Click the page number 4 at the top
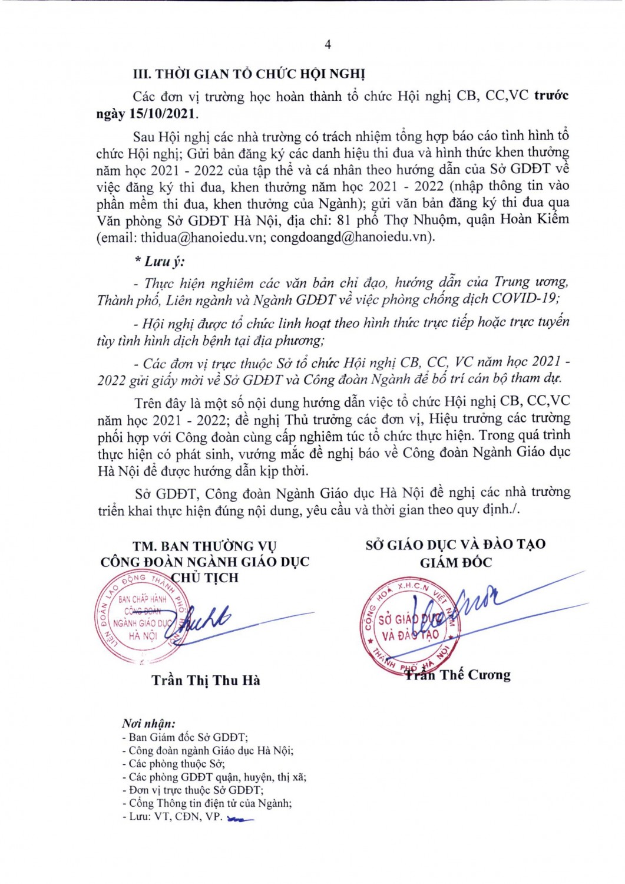click(x=328, y=45)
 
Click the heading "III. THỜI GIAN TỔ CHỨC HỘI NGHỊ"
click(x=249, y=74)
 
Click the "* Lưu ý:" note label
click(x=158, y=261)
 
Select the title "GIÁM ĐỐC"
click(x=455, y=563)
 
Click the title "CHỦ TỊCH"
click(x=205, y=578)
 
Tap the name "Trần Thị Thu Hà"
click(x=206, y=681)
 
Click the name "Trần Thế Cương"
click(x=458, y=675)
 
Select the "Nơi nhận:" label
click(x=148, y=724)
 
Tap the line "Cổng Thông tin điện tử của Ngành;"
click(x=209, y=803)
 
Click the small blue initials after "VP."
click(x=240, y=819)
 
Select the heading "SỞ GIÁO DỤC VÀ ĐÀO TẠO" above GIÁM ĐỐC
click(x=455, y=545)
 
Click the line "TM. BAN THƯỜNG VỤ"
click(x=204, y=546)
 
